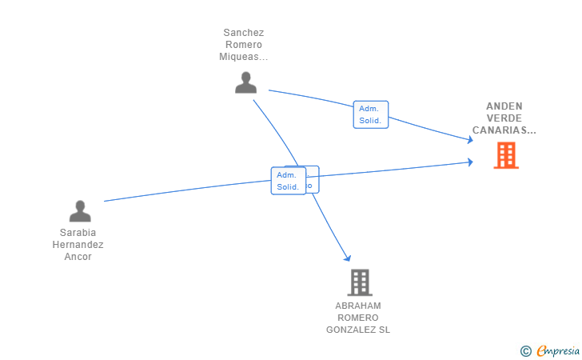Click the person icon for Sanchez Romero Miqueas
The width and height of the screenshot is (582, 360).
(x=245, y=82)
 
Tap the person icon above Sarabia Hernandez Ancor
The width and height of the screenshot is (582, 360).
(x=80, y=211)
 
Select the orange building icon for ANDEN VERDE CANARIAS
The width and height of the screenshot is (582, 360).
(x=506, y=154)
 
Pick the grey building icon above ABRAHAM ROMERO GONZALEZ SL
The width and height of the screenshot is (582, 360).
(x=360, y=282)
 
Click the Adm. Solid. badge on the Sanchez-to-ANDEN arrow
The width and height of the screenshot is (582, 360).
(x=370, y=114)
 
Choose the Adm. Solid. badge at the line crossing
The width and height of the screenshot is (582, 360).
(x=288, y=181)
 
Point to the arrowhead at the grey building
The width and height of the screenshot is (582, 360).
(x=348, y=258)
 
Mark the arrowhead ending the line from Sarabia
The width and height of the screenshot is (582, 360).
(x=470, y=162)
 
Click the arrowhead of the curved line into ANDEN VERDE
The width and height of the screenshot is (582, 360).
(x=470, y=141)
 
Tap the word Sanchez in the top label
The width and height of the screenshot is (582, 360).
(x=244, y=33)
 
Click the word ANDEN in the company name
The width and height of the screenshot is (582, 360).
(x=504, y=106)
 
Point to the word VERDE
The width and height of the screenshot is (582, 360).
(x=504, y=118)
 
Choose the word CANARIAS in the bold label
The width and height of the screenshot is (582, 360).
(x=501, y=130)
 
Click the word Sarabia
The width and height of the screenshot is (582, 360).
(x=78, y=233)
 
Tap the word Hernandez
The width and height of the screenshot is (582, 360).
(x=78, y=245)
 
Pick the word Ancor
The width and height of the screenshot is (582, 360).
(x=78, y=257)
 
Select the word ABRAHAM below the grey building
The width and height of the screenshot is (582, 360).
(x=358, y=306)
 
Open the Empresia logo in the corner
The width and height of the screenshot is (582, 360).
(x=557, y=350)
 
